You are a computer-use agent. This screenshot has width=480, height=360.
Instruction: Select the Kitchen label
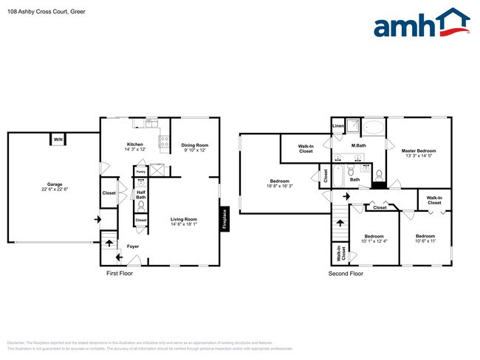pos(134,145)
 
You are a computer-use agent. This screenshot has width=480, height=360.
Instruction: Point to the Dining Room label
pos(195,145)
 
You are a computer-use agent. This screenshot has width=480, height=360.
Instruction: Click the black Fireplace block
pos(223,220)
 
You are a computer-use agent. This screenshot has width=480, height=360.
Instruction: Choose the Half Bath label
pos(141,195)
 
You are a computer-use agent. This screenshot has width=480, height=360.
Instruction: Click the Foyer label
pos(133,246)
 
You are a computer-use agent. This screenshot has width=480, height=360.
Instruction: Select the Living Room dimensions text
pos(184,224)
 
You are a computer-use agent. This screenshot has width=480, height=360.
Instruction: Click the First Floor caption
pos(123,274)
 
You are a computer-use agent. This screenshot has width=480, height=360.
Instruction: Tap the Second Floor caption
pos(346,274)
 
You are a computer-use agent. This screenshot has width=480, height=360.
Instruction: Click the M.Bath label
pos(359,145)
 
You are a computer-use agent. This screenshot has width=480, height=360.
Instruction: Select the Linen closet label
pos(338,126)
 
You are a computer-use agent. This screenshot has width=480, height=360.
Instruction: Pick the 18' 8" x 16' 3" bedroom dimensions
pos(280,187)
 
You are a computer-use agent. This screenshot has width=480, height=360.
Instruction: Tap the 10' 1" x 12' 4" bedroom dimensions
pos(374,241)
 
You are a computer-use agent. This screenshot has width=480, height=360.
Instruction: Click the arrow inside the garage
pos(95,219)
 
